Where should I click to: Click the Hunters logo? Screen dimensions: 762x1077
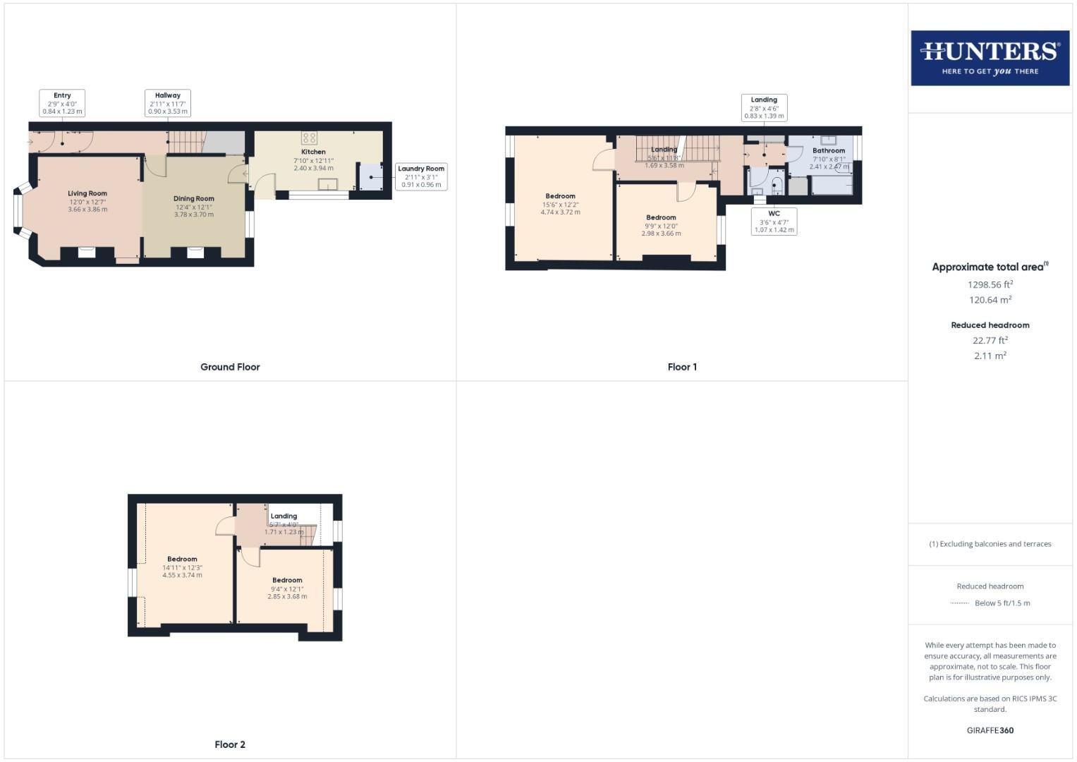click(990, 58)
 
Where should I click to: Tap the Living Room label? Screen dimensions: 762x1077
click(87, 193)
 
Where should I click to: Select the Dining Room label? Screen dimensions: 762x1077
click(194, 198)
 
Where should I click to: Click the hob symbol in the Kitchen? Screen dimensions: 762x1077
click(309, 138)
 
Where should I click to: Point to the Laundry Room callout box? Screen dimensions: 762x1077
click(421, 176)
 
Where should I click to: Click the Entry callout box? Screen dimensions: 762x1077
click(62, 103)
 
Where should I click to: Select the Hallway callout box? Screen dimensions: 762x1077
click(168, 103)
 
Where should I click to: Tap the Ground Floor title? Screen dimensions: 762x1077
click(230, 367)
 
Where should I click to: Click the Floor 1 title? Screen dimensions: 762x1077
click(682, 367)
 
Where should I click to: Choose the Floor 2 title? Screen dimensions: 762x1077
click(230, 744)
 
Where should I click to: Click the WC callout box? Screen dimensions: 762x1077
click(774, 222)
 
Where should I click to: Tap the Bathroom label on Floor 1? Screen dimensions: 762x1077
click(828, 150)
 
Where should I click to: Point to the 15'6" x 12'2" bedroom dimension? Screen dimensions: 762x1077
click(560, 205)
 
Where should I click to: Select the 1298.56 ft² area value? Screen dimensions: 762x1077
click(990, 285)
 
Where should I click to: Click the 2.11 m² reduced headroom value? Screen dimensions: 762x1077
click(990, 356)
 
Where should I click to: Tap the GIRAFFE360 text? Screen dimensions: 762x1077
click(990, 730)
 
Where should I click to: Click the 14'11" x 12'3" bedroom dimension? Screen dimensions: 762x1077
click(182, 567)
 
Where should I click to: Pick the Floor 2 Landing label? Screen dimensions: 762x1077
click(284, 516)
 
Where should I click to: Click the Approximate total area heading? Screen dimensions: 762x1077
click(990, 267)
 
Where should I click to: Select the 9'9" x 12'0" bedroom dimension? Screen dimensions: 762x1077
click(661, 226)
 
